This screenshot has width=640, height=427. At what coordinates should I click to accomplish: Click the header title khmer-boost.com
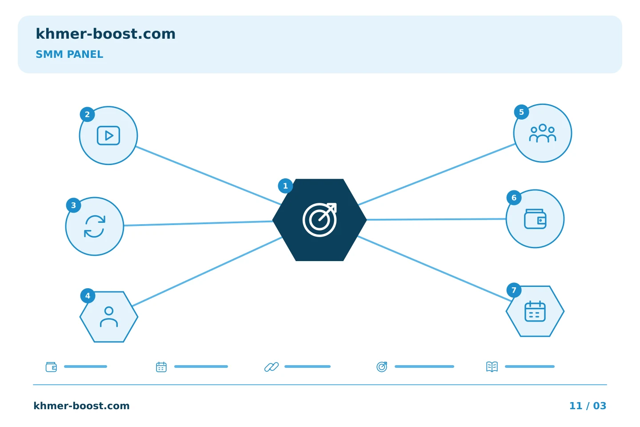point(105,34)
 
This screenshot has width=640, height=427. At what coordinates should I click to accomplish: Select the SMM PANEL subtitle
point(69,54)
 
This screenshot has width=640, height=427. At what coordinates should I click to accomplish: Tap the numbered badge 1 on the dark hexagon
point(285,186)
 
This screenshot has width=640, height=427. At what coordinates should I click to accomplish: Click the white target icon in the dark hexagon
point(320,220)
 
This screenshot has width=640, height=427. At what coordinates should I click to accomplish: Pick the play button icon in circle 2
point(108,136)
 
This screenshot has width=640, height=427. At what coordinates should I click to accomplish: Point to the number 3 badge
point(73,205)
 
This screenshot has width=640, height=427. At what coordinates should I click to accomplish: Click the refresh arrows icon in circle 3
point(95,226)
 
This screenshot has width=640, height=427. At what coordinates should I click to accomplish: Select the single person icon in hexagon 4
point(109,317)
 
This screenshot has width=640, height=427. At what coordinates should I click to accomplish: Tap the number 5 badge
point(521,112)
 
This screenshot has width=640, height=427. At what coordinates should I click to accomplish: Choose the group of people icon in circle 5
point(543,133)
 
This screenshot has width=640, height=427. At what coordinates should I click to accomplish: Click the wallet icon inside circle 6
point(535,219)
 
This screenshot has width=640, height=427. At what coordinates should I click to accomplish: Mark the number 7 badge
point(514,290)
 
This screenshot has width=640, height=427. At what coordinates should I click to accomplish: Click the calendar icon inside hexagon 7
point(535,311)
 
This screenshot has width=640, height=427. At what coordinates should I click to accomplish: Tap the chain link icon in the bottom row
point(272,367)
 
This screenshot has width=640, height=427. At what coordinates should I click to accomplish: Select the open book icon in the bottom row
point(492,367)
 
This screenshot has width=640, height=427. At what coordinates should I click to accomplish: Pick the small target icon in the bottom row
point(382,367)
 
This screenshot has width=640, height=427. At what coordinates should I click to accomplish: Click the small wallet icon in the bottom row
point(51,367)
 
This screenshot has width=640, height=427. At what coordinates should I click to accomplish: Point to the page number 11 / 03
point(588,406)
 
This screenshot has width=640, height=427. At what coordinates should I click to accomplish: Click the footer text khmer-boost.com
point(81,406)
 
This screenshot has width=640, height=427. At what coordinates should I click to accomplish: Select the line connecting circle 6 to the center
point(436,219)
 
